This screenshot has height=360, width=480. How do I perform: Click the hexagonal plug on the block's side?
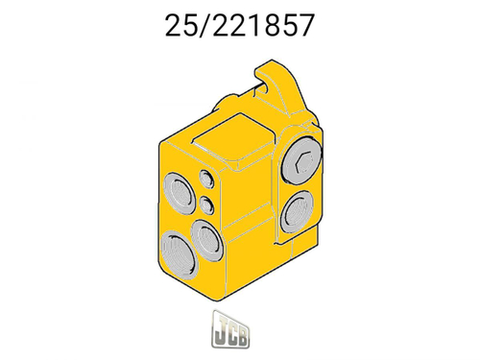point(300,164)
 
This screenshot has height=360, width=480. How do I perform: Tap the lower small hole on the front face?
point(207,203)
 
